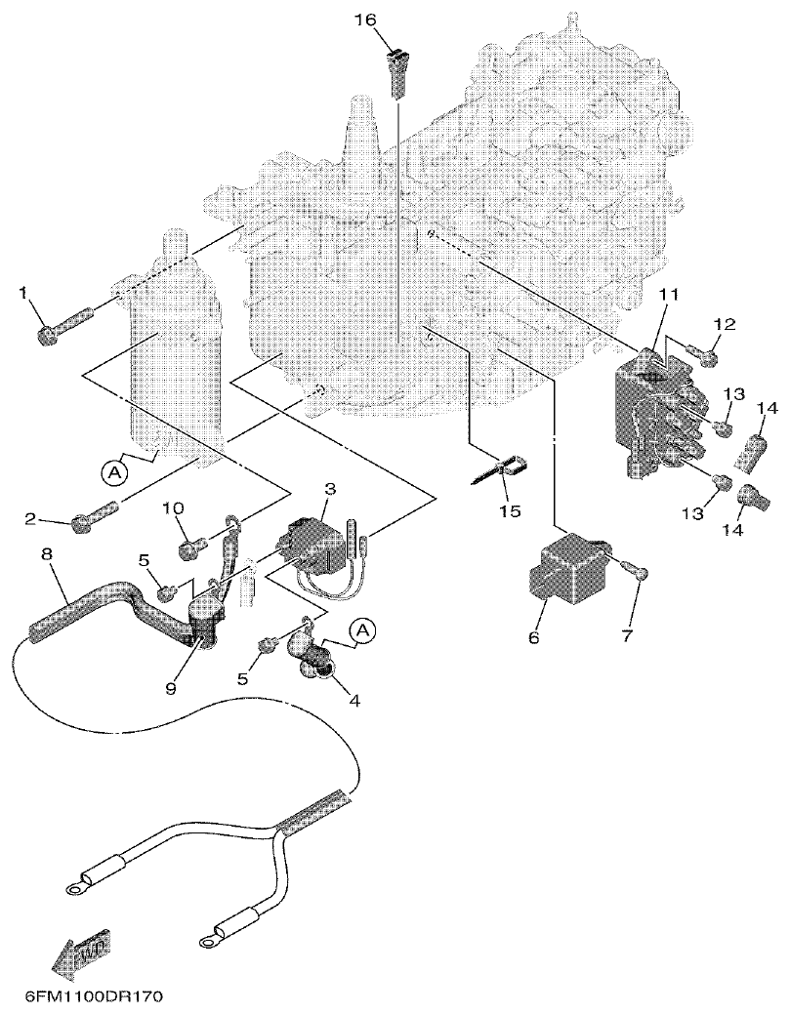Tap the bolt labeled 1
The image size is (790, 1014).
[62, 324]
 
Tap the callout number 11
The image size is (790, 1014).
[666, 293]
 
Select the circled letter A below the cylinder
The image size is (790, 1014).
[114, 472]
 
